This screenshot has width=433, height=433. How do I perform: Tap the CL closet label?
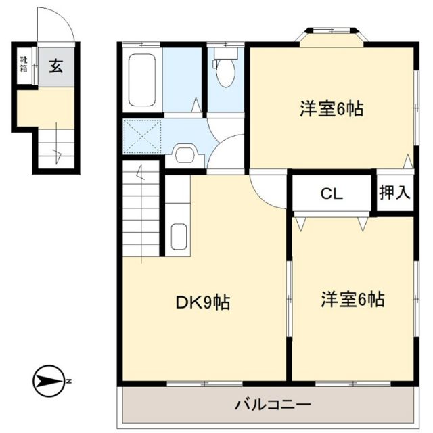332,194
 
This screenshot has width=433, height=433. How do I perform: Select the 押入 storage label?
394,193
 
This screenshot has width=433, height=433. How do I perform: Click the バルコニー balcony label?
263,405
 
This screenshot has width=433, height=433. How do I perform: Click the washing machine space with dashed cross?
143,137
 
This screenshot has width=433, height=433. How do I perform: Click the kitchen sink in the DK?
179,237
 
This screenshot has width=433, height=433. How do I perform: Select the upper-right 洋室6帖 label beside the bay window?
332,108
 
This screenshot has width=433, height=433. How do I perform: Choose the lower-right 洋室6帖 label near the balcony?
352,298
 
